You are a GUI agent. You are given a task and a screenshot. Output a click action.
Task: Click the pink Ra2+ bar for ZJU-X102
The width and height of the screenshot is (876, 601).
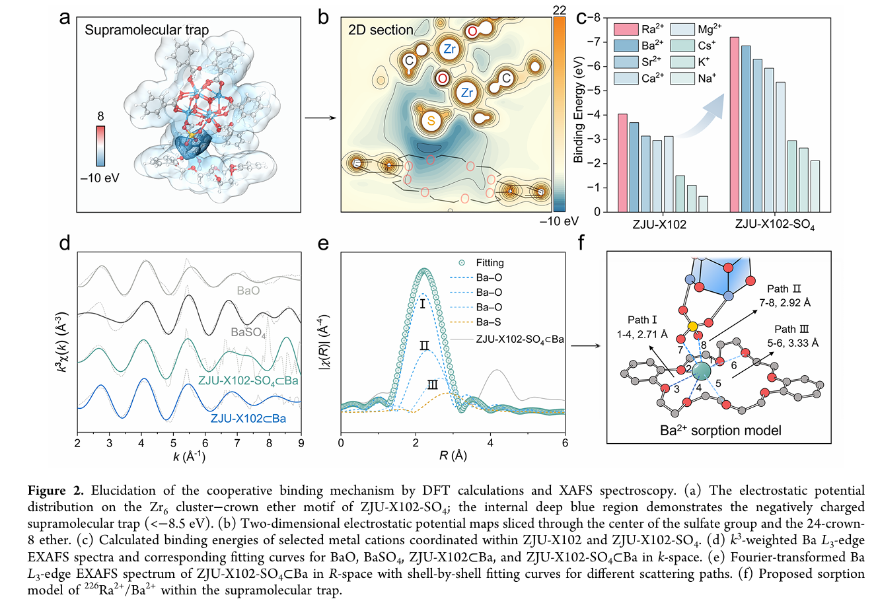pyautogui.click(x=622, y=163)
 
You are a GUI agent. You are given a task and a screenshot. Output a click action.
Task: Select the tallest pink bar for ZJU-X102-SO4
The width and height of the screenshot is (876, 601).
pyautogui.click(x=735, y=125)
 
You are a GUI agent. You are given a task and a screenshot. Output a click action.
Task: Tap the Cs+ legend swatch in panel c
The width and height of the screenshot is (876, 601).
pyautogui.click(x=682, y=46)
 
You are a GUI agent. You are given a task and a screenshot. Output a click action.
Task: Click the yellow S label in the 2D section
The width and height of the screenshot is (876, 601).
pyautogui.click(x=431, y=120)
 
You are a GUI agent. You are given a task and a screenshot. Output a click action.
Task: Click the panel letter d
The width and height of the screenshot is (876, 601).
pyautogui.click(x=65, y=243)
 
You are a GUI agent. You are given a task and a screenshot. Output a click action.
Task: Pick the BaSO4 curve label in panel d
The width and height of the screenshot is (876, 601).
pyautogui.click(x=248, y=332)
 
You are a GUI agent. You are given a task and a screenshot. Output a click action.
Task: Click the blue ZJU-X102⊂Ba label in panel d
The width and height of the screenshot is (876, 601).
pyautogui.click(x=248, y=419)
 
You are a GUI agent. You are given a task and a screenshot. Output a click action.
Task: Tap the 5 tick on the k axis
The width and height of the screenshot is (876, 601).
pyautogui.click(x=173, y=443)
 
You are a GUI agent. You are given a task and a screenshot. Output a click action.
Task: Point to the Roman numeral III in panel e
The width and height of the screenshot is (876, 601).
pyautogui.click(x=433, y=385)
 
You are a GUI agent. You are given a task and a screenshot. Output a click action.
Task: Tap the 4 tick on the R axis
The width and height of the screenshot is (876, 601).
pyautogui.click(x=490, y=443)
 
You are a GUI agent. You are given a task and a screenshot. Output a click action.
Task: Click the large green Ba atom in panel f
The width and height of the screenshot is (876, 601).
pyautogui.click(x=701, y=371)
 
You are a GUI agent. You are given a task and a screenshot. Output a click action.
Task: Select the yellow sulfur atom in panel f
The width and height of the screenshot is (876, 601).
pyautogui.click(x=692, y=326)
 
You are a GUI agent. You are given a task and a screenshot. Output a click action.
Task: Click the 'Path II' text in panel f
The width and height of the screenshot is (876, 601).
pyautogui.click(x=784, y=289)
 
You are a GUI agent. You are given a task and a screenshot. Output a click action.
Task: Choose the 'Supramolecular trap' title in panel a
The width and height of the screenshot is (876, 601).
pyautogui.click(x=147, y=30)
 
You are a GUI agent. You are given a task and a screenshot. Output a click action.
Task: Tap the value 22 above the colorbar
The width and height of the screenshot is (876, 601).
pyautogui.click(x=560, y=10)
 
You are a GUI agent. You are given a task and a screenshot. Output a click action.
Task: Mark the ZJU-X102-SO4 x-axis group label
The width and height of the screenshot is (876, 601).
pyautogui.click(x=775, y=225)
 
